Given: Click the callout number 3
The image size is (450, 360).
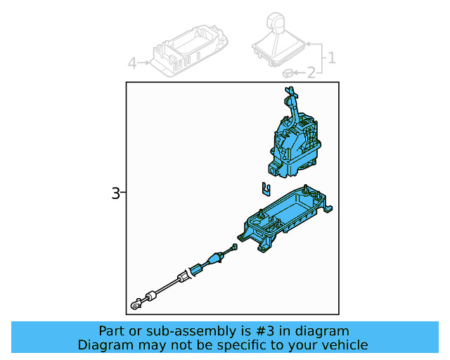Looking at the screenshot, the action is [x=115, y=193].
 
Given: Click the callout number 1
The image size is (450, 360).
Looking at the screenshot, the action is [x=332, y=58].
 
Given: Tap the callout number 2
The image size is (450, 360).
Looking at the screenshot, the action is [x=311, y=72].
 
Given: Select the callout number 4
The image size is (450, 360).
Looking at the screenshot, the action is [x=132, y=63].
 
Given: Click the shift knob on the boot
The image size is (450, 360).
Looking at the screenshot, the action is [x=276, y=21].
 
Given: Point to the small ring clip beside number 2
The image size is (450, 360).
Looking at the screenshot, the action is [x=288, y=73].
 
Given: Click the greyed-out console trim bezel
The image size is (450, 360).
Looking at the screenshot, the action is [x=190, y=51].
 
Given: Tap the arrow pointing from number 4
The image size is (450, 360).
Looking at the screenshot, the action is [x=143, y=63].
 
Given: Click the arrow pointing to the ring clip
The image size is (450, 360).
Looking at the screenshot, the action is [x=300, y=73].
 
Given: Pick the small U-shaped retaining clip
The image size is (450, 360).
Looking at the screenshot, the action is [x=266, y=189].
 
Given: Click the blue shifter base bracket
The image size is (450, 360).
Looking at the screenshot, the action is [x=285, y=219].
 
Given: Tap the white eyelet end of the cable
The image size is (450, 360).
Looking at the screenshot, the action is [x=136, y=304].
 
